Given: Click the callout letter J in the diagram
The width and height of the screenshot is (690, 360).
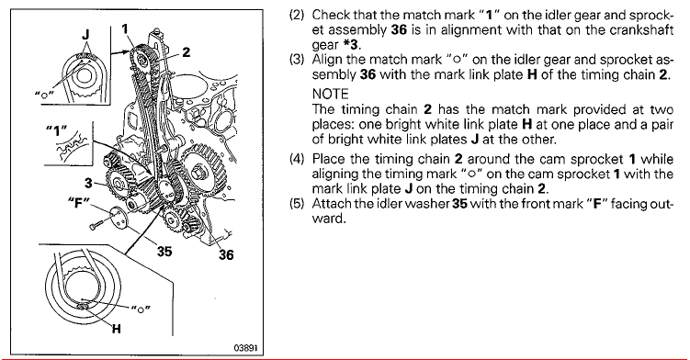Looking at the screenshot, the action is pos(85,34).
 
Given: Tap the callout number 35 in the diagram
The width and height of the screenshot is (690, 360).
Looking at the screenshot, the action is pos(164,252).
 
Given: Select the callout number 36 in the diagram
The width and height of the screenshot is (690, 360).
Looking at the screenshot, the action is pos(226,254).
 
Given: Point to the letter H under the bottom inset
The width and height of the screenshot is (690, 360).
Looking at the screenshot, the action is pos(116,329).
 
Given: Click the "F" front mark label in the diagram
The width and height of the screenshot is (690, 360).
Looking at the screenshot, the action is pos(79,203).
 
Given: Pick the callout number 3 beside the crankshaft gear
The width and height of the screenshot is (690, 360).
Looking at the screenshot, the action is pos(89,183).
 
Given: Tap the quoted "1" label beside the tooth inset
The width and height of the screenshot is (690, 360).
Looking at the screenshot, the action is pos(56,130).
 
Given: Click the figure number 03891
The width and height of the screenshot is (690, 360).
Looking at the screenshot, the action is pos(245,348).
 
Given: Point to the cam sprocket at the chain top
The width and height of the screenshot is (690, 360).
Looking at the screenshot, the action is pos(142,58).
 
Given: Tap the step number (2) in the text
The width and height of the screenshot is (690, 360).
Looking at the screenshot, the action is pos(297,15).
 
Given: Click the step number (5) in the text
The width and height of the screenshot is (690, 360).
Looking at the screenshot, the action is pos(297,204).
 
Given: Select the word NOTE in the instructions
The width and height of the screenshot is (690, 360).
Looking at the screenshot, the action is pos(330,94).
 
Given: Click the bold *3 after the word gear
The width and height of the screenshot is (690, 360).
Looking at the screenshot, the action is pos(351,44).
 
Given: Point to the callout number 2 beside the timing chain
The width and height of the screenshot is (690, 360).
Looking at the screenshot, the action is pos(187,52).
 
